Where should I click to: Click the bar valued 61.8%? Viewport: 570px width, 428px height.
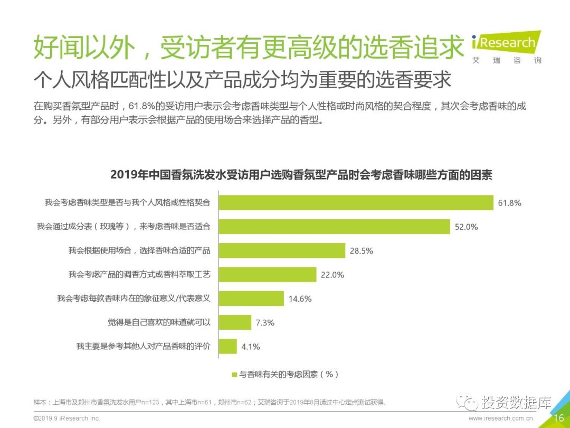356,202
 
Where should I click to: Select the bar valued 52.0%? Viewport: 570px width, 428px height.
334,226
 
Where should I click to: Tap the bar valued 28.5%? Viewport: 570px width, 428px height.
282,250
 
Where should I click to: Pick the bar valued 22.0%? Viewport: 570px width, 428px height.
268,274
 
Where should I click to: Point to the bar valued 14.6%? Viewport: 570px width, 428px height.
251,299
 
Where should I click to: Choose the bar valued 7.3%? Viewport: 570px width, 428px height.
235,322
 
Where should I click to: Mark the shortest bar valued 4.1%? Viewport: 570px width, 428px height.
227,347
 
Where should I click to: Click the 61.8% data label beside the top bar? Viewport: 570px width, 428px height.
510,203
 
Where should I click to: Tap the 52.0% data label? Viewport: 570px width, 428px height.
466,227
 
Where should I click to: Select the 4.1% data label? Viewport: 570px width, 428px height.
250,347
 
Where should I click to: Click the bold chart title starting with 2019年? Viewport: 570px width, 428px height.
301,175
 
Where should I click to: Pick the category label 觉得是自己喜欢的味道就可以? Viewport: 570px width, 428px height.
159,322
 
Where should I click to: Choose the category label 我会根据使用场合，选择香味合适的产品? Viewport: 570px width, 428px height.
139,250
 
